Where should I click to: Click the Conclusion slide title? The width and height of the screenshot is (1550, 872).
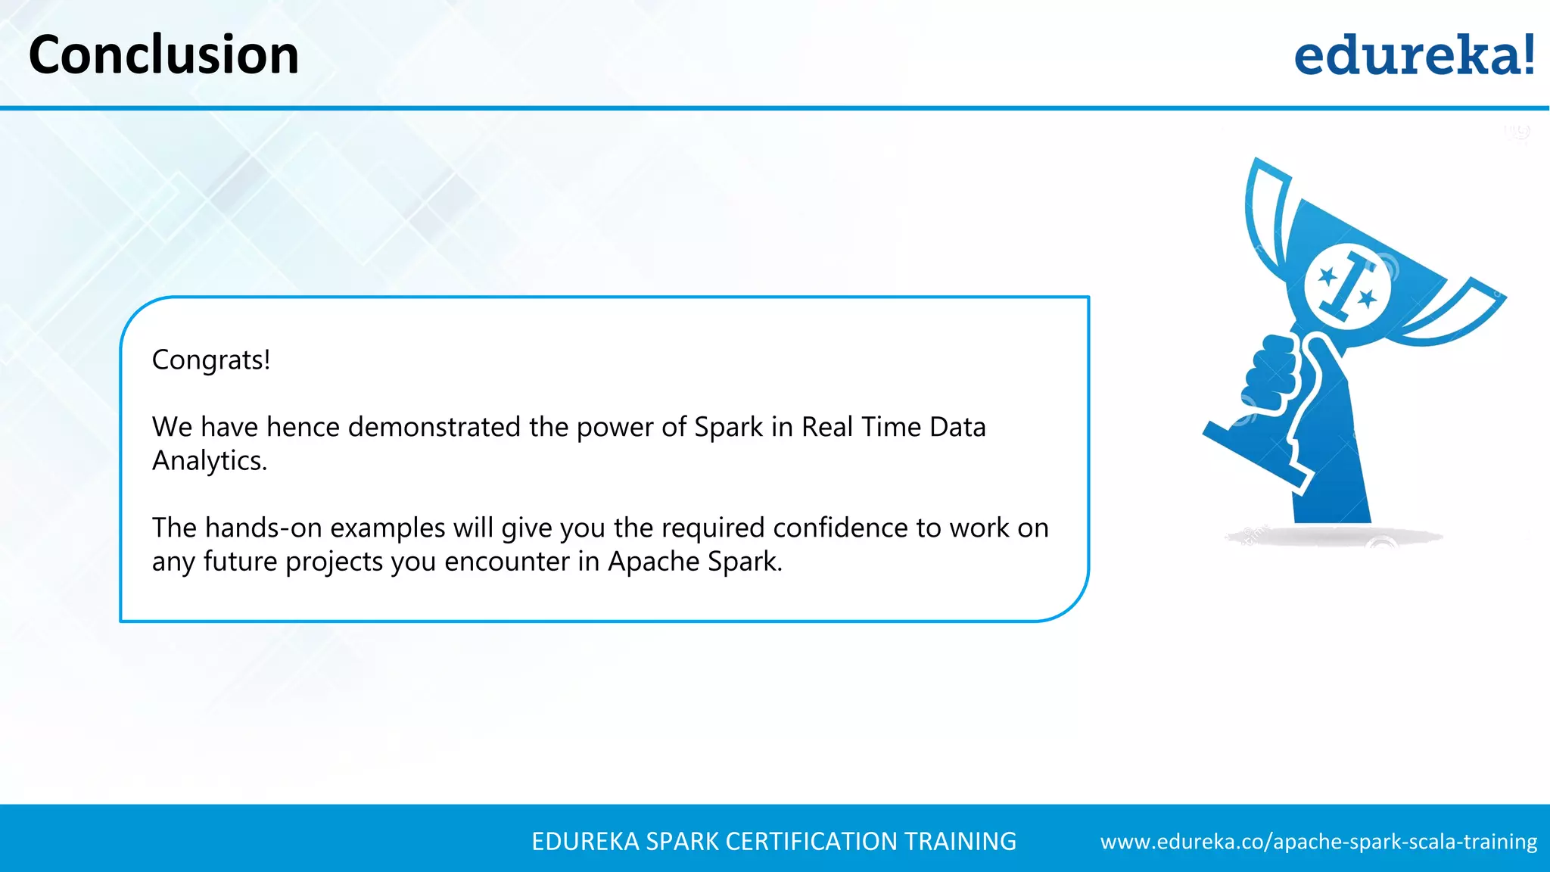[x=163, y=55]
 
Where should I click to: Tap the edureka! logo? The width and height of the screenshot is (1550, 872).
[x=1414, y=55]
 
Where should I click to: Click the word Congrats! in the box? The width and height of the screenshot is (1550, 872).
[x=211, y=360]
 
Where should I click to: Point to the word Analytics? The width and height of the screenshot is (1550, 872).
[x=210, y=461]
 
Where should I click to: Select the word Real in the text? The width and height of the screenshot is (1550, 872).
[x=827, y=427]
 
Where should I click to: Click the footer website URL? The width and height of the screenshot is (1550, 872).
[x=1318, y=842]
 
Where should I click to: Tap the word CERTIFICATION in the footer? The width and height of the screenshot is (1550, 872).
[x=811, y=842]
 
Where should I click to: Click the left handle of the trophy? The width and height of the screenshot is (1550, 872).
[x=1265, y=212]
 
